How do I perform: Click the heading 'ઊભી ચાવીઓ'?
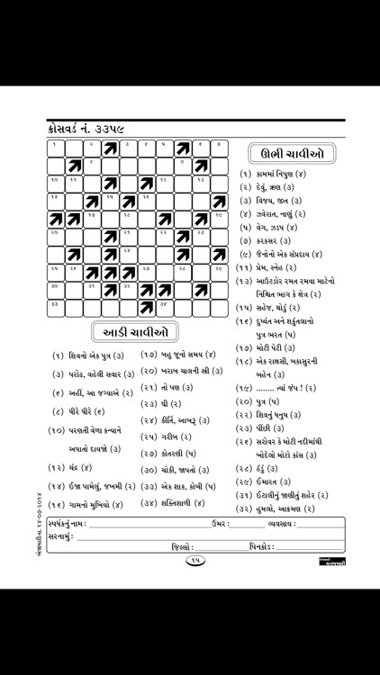coord(290,154)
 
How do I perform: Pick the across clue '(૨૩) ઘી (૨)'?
coord(161,405)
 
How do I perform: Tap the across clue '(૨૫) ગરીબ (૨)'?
coord(166,436)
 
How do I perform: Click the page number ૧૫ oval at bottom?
coord(194,561)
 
